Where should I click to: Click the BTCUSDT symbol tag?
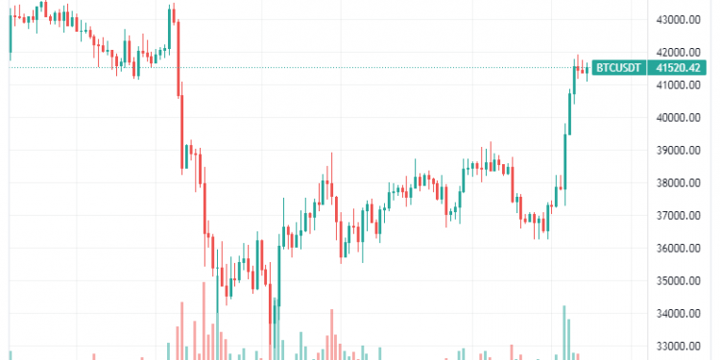617,68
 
